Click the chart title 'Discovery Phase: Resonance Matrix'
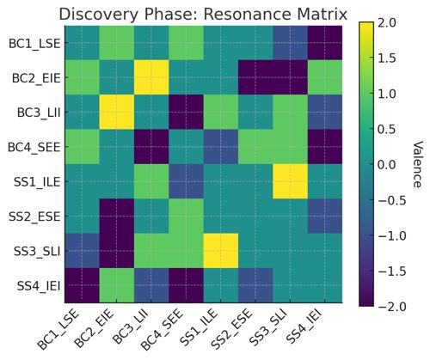tap(203, 14)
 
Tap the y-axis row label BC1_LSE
tap(34, 44)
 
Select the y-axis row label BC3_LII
tap(39, 113)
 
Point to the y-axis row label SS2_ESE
tap(34, 217)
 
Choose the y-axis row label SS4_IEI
tap(39, 286)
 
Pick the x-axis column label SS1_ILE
tap(199, 329)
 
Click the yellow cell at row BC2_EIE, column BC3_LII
tap(151, 77)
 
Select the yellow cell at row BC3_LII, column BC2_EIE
tap(117, 113)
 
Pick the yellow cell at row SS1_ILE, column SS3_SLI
tap(290, 181)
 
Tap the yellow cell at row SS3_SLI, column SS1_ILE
tap(221, 251)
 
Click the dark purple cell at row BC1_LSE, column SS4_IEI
tap(325, 43)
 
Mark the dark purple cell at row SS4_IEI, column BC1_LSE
tap(82, 285)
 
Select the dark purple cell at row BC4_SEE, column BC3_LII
tap(151, 147)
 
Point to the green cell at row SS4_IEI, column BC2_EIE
tap(117, 285)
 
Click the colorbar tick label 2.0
tap(387, 23)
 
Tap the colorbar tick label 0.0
tap(387, 165)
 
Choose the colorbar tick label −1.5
tap(392, 271)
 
